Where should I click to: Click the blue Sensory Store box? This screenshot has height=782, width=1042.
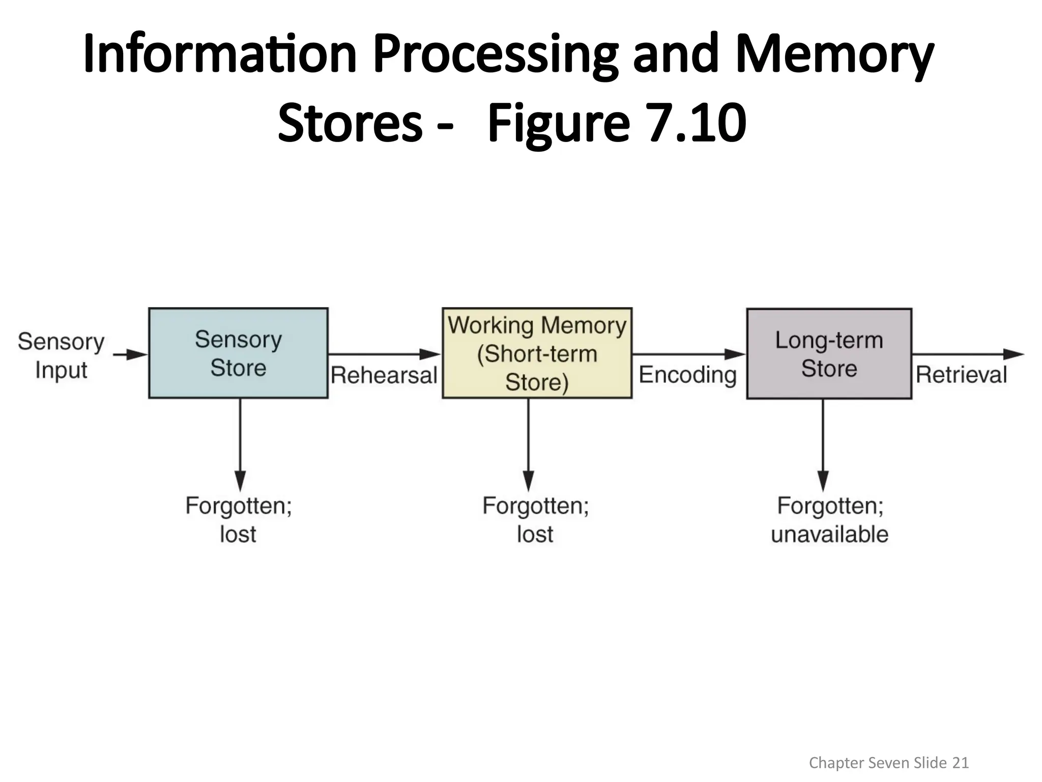[238, 353]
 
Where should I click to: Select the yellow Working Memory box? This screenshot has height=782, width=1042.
[537, 353]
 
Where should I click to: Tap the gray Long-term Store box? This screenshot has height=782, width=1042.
[829, 353]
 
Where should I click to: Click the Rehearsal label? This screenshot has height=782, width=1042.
[384, 375]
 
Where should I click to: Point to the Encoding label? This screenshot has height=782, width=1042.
[687, 375]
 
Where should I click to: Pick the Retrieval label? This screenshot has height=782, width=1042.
[961, 375]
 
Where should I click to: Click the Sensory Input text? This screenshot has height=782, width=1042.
[61, 355]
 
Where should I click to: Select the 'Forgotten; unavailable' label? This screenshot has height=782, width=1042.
[829, 520]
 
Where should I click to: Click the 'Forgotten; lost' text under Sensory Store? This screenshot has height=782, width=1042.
[238, 520]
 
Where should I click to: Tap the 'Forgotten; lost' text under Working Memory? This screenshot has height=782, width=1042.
[535, 520]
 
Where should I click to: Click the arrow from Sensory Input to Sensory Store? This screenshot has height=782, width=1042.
[130, 354]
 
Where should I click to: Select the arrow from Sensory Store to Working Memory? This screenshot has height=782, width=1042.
[384, 354]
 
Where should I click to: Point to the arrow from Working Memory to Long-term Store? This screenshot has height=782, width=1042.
[688, 354]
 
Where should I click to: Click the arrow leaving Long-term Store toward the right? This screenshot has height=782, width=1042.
[967, 354]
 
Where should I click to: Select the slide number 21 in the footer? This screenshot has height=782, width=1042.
[960, 762]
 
